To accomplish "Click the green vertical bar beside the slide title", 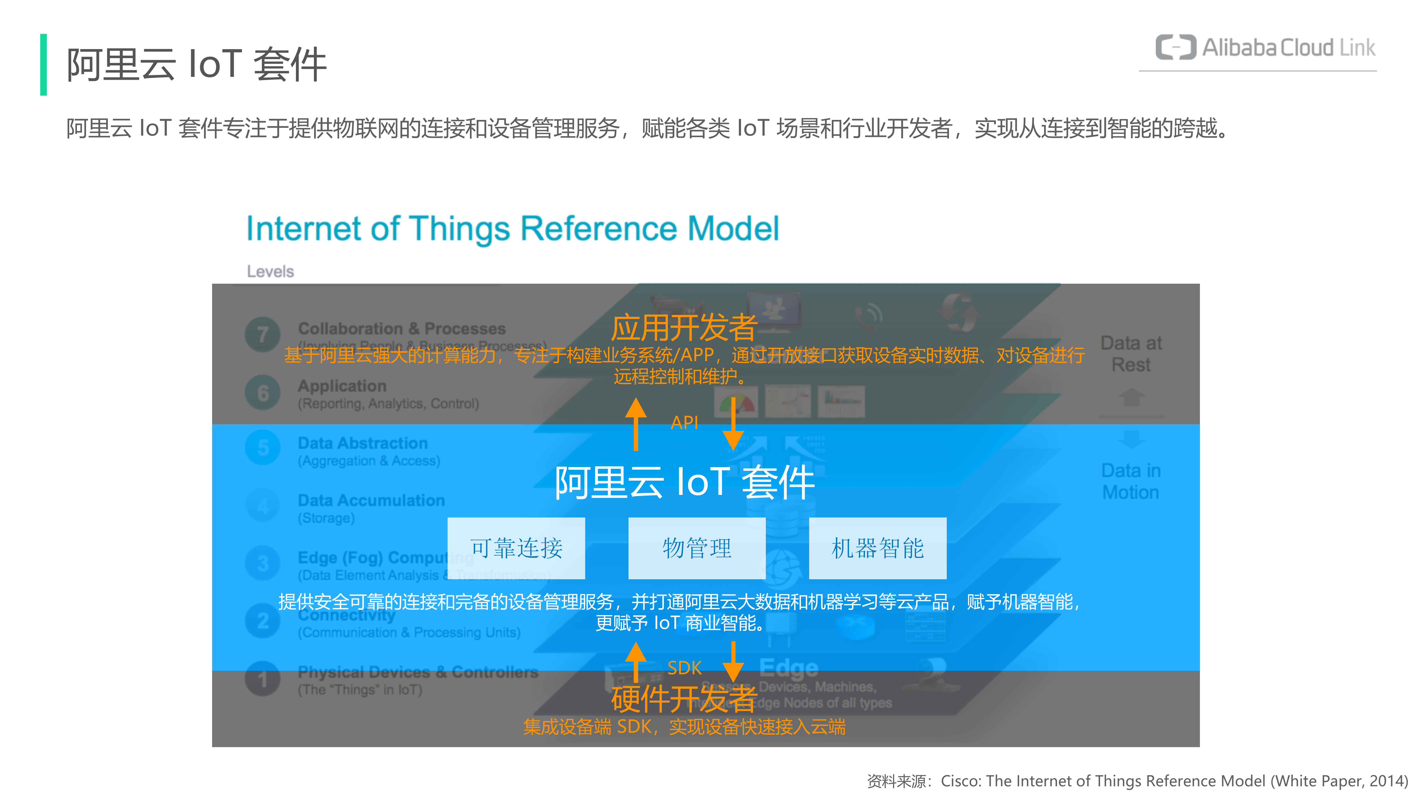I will [43, 65].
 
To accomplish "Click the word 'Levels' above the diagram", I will [270, 271].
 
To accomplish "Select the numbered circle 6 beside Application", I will [263, 392].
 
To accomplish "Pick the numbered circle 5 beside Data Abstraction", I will [263, 448].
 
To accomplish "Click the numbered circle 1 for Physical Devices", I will [263, 680].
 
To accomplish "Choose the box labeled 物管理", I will [697, 548].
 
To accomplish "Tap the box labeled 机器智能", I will [878, 548].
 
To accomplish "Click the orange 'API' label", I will [684, 422].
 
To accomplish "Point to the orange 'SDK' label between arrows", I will [684, 667].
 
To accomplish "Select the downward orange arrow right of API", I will [733, 423].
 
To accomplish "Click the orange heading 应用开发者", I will [684, 328].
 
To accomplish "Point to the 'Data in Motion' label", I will [1131, 481].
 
